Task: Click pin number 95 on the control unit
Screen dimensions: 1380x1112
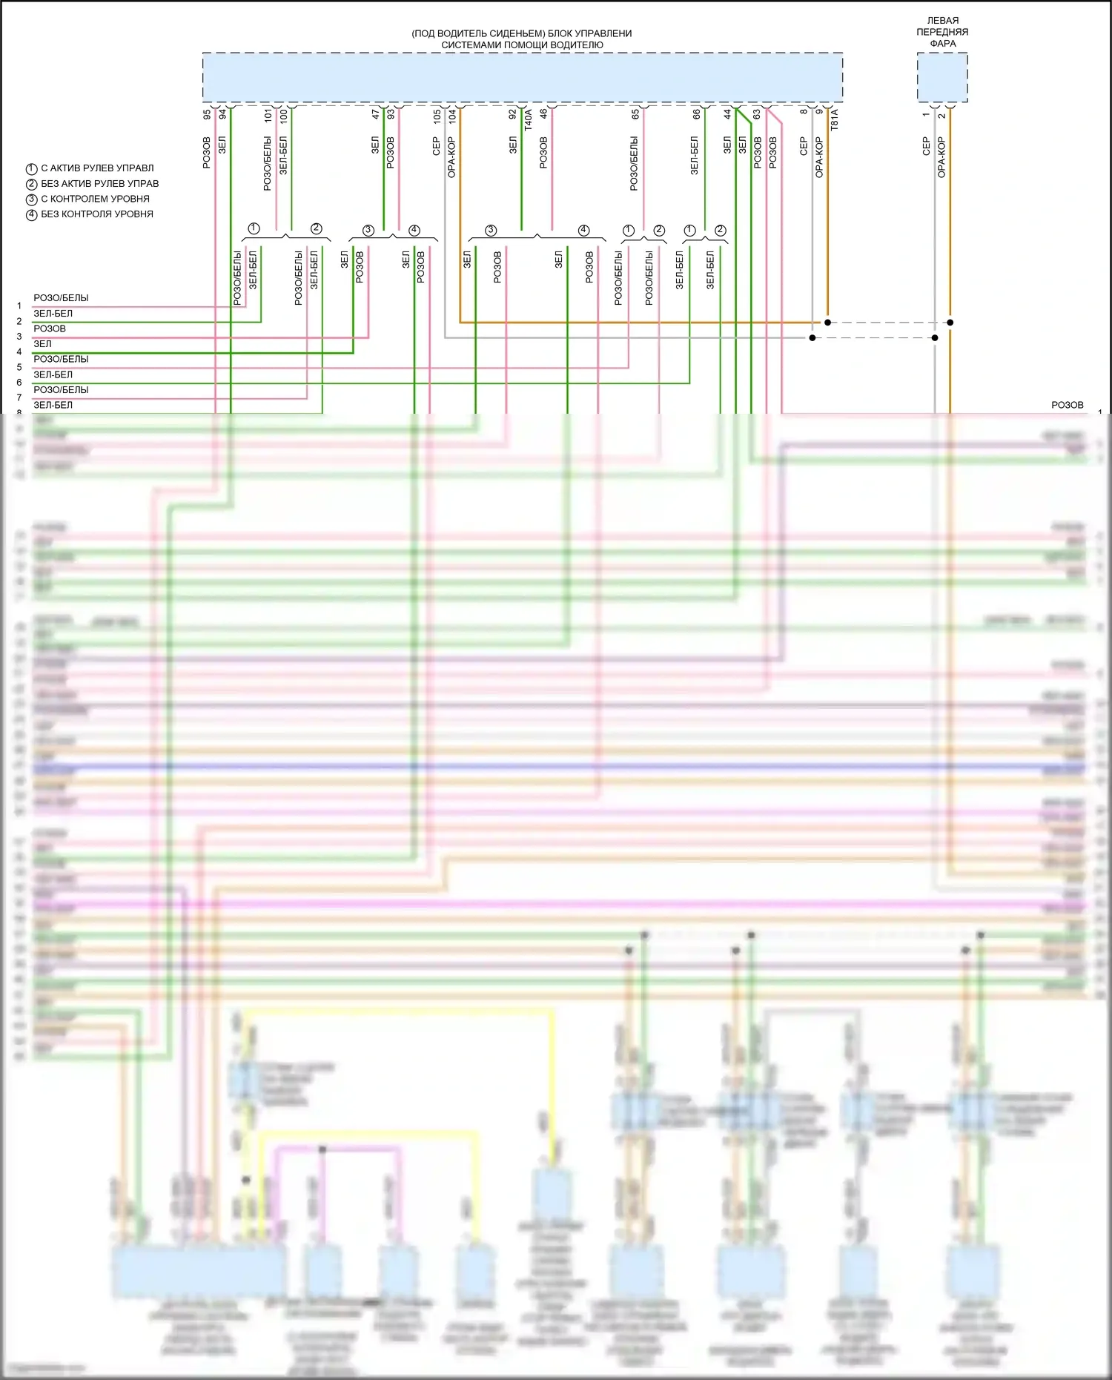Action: point(207,115)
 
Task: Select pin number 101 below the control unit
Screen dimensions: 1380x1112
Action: point(268,115)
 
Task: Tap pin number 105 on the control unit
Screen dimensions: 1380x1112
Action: point(437,116)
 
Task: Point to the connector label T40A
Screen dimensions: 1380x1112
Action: point(528,119)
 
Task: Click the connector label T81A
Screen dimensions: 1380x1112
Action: point(834,119)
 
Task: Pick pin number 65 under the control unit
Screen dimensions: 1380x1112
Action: point(635,115)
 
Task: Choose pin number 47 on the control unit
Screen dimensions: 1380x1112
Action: point(375,115)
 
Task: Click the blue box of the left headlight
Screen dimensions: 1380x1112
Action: point(942,78)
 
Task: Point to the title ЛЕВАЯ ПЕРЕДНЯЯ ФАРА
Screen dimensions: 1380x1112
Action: point(942,32)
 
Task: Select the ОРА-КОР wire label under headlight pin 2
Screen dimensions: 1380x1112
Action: point(941,156)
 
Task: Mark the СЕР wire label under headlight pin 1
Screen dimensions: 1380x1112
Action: point(926,145)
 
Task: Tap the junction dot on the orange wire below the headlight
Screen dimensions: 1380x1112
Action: point(950,323)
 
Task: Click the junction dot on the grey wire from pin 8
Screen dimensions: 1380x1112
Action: point(813,338)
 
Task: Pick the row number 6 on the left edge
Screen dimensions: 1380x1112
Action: point(19,383)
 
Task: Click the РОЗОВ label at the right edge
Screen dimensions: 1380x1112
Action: point(1067,405)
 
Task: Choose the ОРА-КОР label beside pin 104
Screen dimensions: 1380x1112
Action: point(451,156)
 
